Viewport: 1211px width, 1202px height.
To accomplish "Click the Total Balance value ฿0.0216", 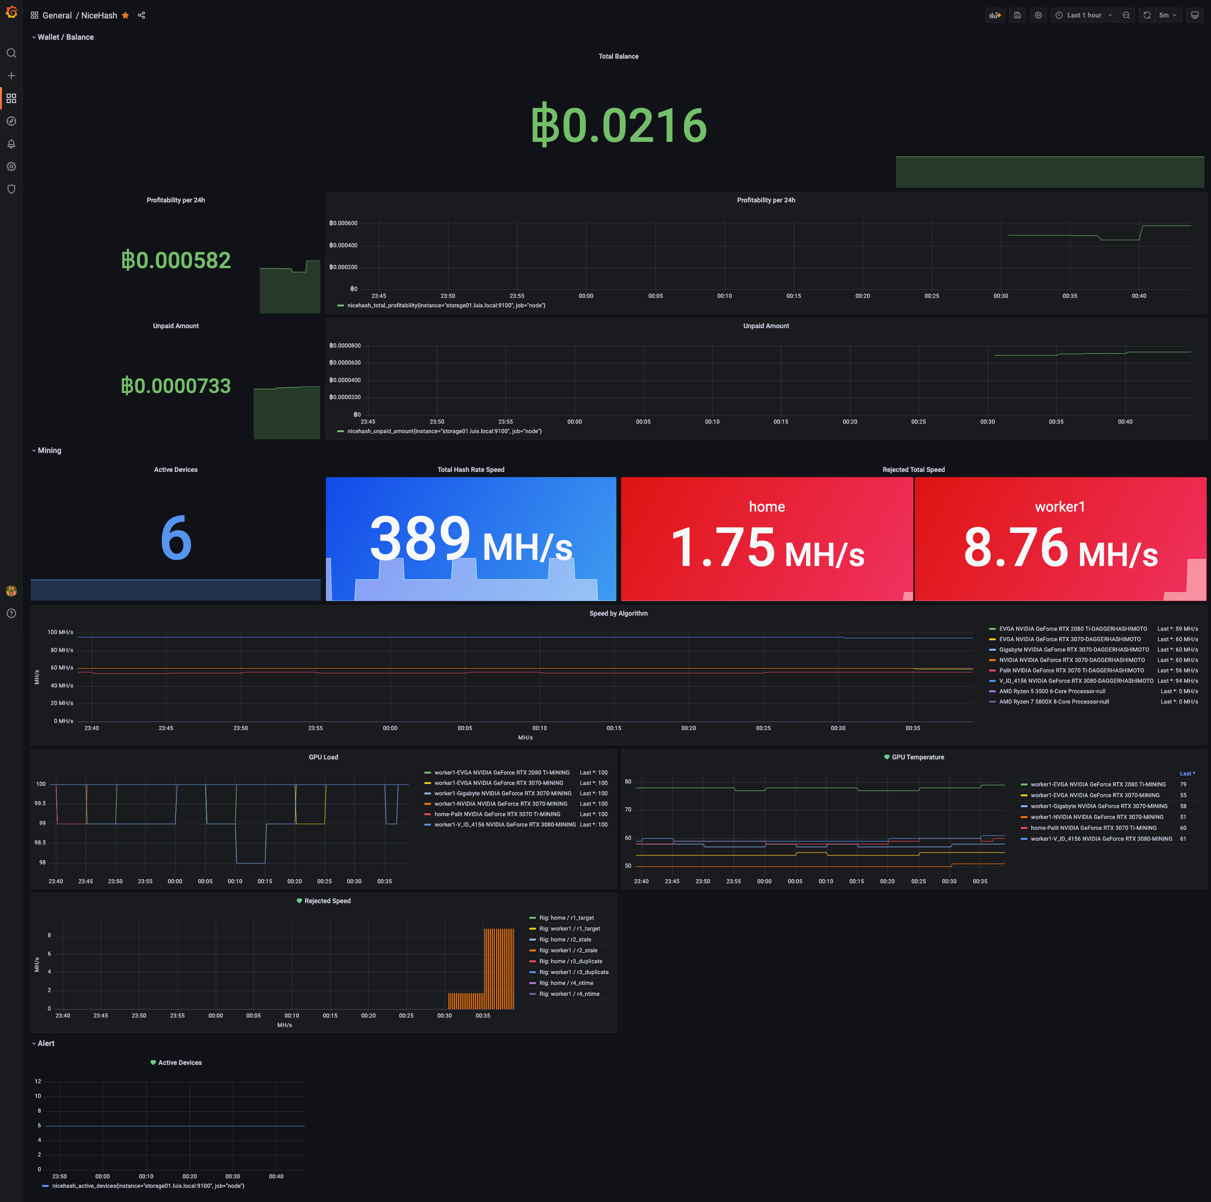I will (619, 125).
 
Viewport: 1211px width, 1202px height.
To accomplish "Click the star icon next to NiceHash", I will (125, 16).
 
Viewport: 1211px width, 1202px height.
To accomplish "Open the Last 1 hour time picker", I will (1084, 16).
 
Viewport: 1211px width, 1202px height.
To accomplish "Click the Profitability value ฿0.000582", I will (176, 260).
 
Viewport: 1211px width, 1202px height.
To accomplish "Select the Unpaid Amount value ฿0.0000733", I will (176, 386).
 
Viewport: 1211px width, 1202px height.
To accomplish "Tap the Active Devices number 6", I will (176, 538).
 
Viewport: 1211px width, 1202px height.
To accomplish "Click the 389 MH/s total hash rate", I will (471, 539).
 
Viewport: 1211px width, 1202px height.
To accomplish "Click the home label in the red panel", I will (767, 506).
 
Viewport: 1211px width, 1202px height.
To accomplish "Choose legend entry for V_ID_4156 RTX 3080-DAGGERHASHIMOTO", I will (1076, 680).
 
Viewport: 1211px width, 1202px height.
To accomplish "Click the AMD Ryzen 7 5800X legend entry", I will (1053, 702).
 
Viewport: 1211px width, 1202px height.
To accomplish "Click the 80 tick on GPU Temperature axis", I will (628, 782).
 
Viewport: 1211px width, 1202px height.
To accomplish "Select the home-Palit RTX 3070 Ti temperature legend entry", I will (1093, 828).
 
